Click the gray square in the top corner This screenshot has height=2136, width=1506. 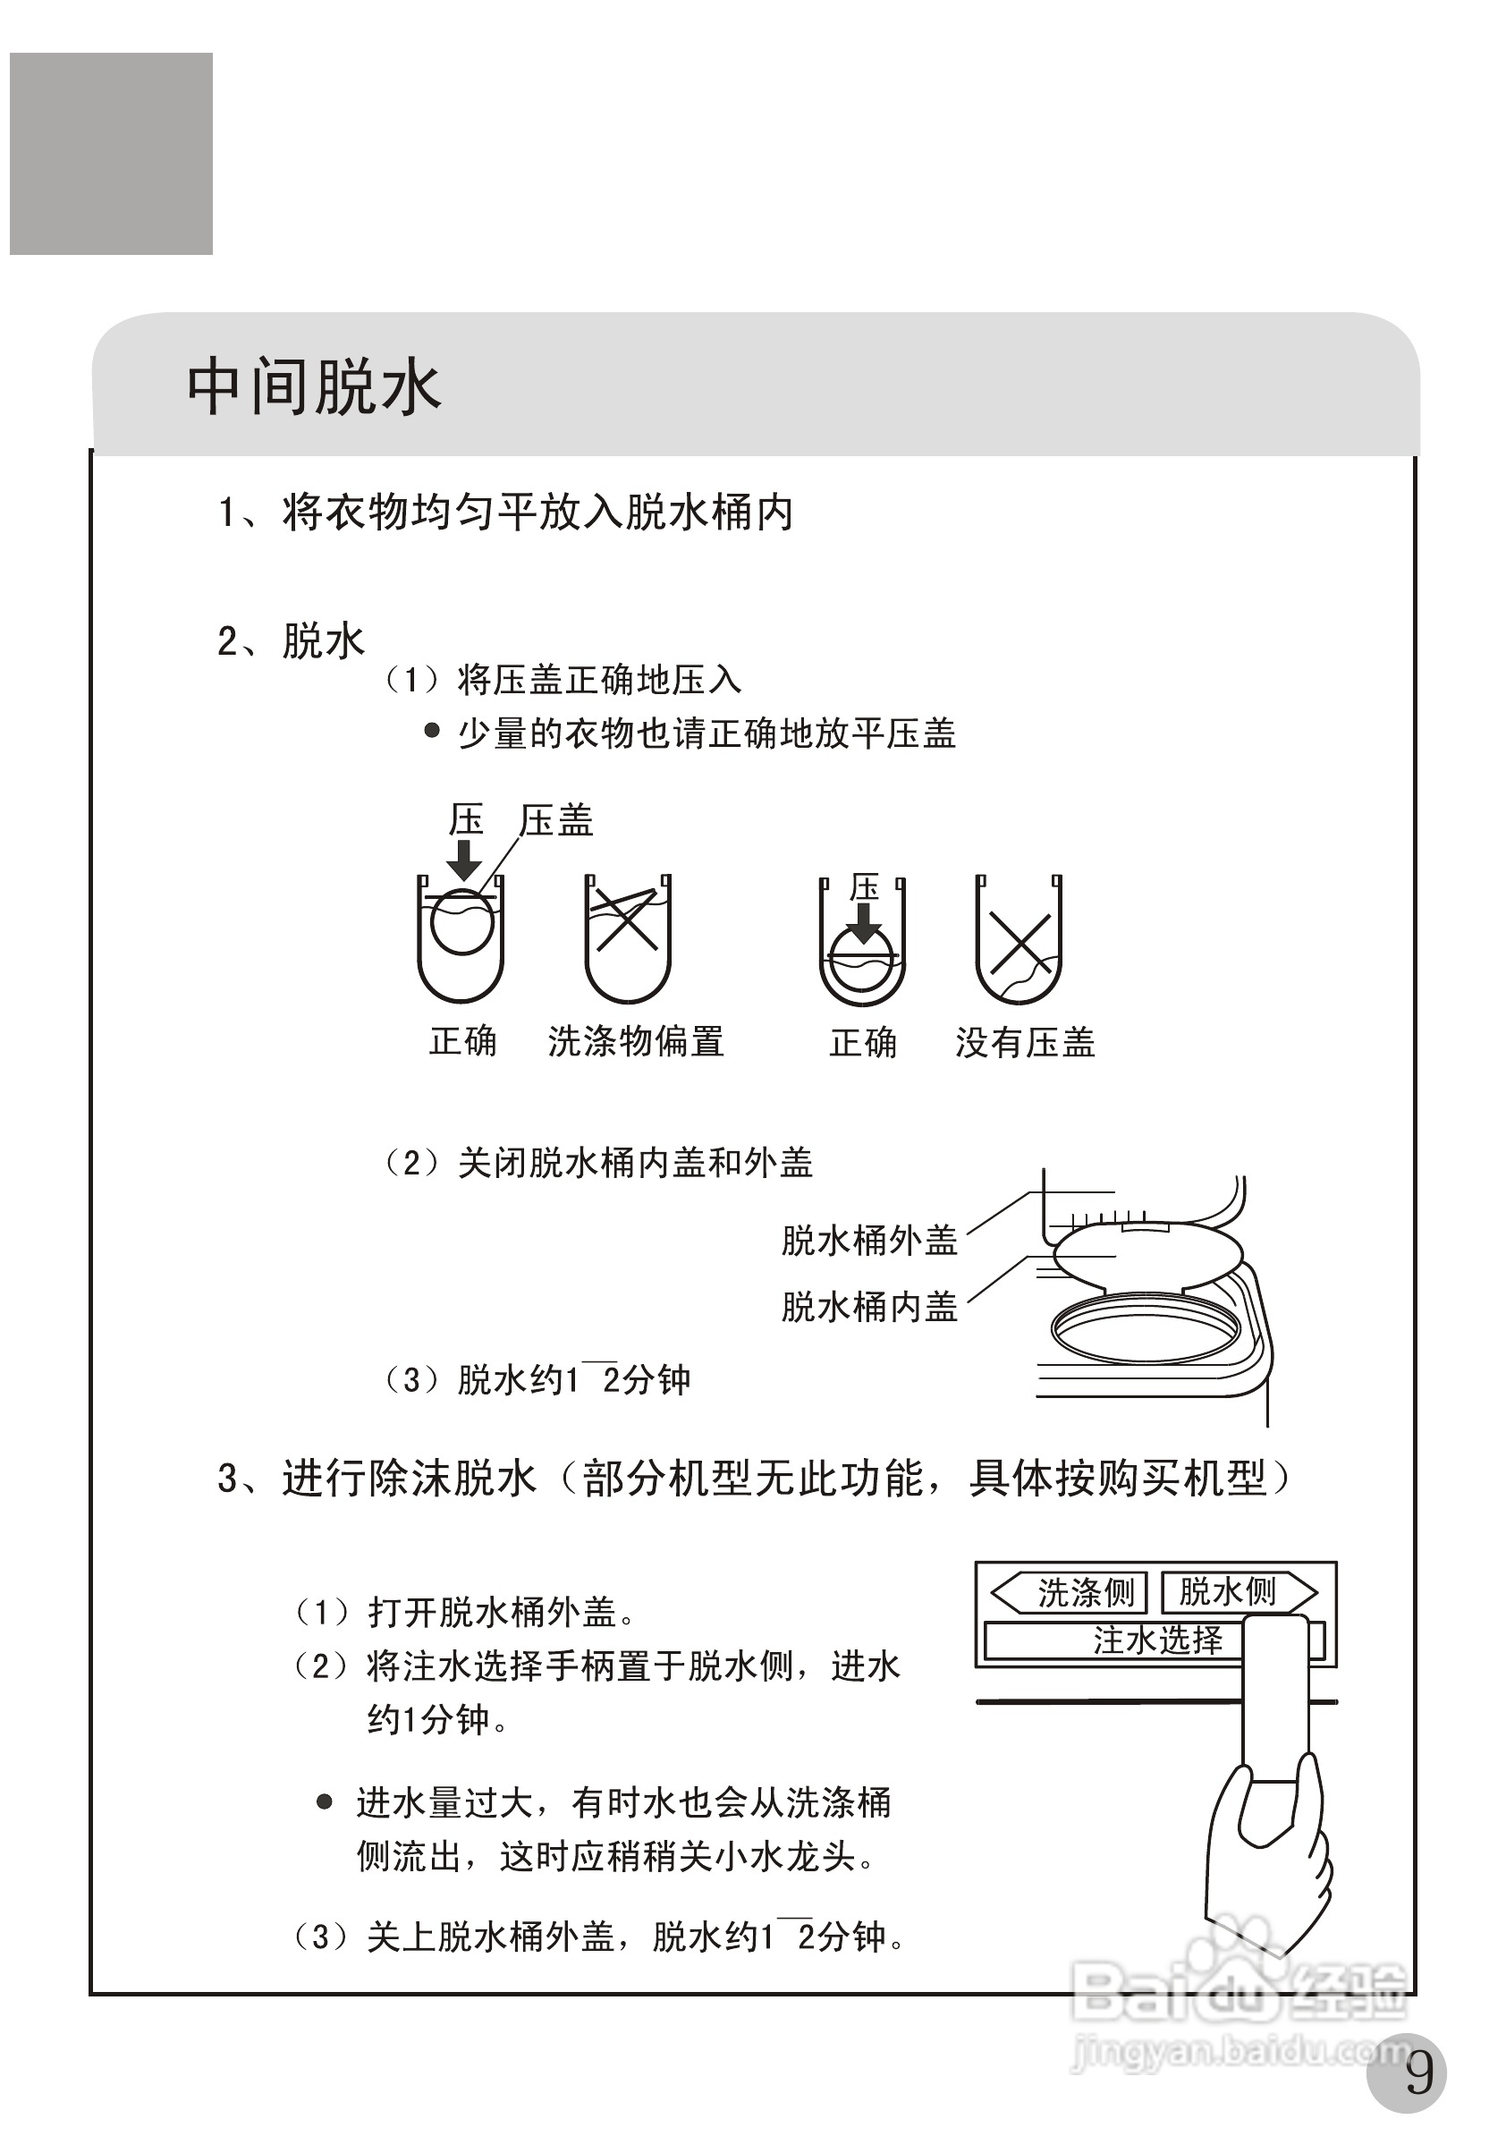[x=112, y=154]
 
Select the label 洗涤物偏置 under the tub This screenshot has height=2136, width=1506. [x=635, y=1041]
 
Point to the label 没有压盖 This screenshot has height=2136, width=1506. [x=1025, y=1042]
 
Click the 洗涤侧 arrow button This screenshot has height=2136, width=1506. [x=1070, y=1593]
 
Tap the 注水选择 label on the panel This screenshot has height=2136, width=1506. [x=1157, y=1640]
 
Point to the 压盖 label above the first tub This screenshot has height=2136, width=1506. [x=556, y=820]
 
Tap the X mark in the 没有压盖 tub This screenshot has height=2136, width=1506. [x=1020, y=944]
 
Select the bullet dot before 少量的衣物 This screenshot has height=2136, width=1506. [x=432, y=730]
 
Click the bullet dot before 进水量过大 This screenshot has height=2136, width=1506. [x=324, y=1802]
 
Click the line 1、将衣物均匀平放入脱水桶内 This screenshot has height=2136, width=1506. [x=505, y=513]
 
